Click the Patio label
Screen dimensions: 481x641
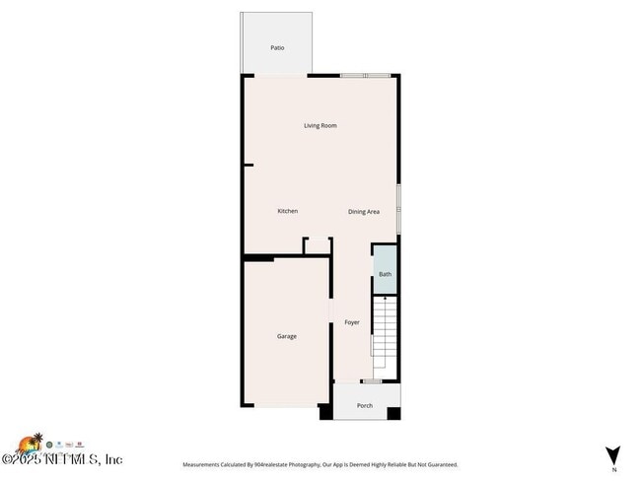[278, 47]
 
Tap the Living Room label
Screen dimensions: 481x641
[320, 125]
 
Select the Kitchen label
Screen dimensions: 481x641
[287, 211]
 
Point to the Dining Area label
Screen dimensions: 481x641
[364, 212]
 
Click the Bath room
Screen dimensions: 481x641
[385, 274]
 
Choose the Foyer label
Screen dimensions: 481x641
[352, 322]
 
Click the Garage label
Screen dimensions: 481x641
[286, 336]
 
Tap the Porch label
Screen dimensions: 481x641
[364, 405]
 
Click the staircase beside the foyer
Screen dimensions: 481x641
[384, 330]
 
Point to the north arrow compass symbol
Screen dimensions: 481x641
[613, 453]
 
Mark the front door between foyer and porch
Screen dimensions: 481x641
[371, 381]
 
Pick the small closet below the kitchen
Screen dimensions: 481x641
[317, 246]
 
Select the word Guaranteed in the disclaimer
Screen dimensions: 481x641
[439, 464]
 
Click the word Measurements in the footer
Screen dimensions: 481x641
[204, 464]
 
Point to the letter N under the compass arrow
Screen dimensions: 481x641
[613, 469]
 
